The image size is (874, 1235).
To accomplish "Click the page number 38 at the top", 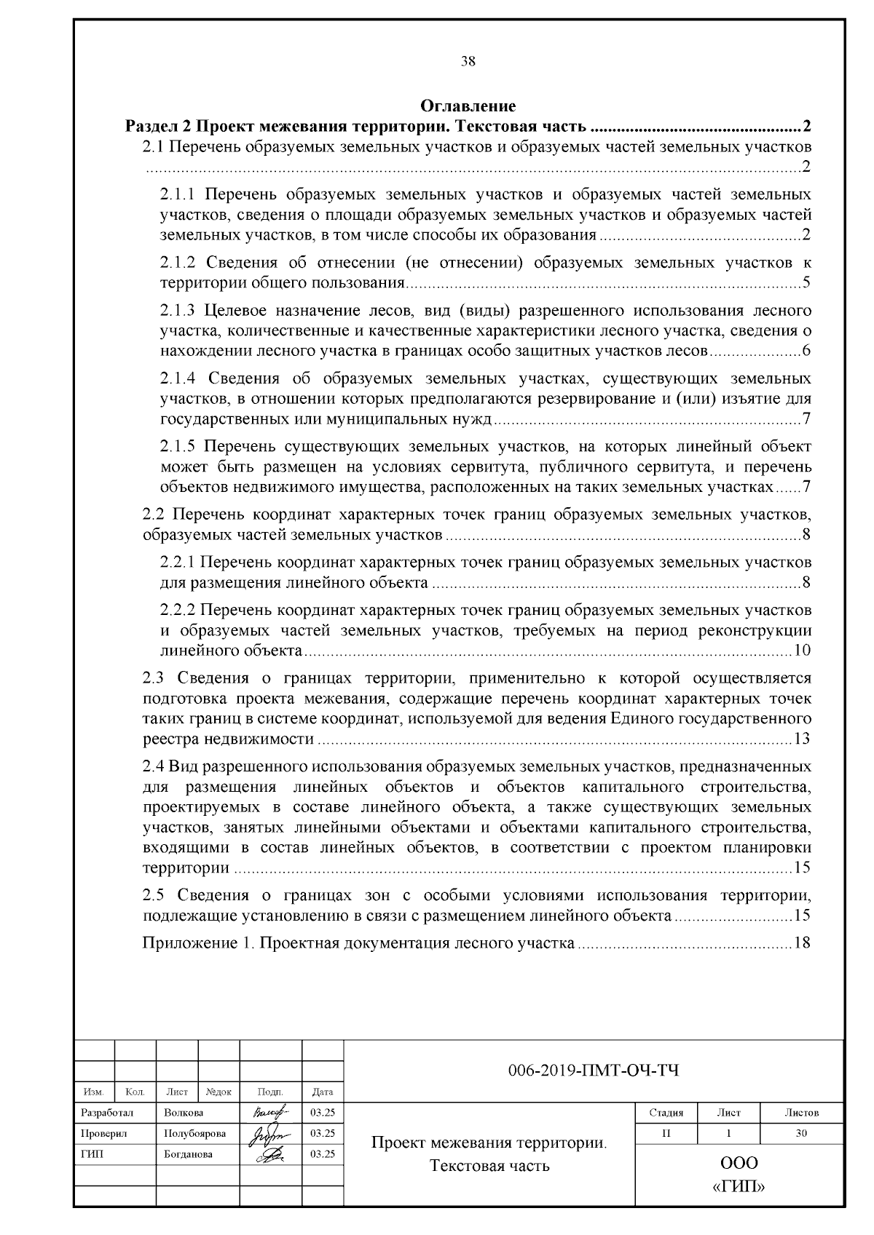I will point(468,62).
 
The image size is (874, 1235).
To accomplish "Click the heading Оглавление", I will point(468,107).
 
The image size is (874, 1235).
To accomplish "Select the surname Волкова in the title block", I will point(184,1113).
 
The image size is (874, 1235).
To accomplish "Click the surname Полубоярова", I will point(194,1133).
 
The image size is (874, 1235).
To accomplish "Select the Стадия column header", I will point(666,1113).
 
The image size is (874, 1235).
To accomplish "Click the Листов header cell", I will point(801,1113).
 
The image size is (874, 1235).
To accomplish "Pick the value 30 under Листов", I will point(801,1133).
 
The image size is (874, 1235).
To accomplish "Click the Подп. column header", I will point(270,1092).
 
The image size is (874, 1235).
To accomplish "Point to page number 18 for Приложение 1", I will point(802,944).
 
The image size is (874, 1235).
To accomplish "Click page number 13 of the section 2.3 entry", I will point(802,739).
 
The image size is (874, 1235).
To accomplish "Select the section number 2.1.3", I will point(178,311).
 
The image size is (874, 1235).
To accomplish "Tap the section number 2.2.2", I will point(178,609).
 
